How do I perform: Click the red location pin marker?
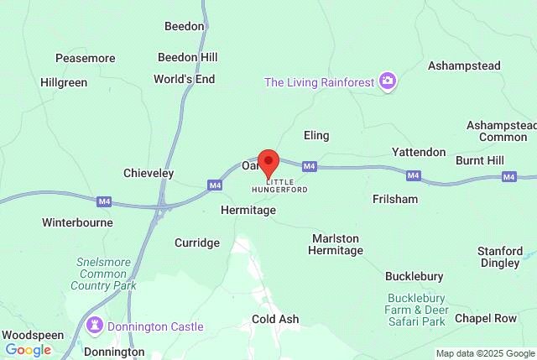268,161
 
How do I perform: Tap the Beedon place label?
185,26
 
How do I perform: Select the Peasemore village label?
85,58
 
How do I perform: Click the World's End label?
185,79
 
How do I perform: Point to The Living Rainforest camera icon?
388,81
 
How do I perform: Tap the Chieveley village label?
149,173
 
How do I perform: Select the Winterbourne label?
77,223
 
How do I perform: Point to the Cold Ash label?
275,320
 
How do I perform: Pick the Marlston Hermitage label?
336,244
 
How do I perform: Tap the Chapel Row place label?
486,318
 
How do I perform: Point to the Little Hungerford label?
286,185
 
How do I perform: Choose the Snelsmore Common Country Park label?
105,274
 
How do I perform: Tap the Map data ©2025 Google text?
483,354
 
